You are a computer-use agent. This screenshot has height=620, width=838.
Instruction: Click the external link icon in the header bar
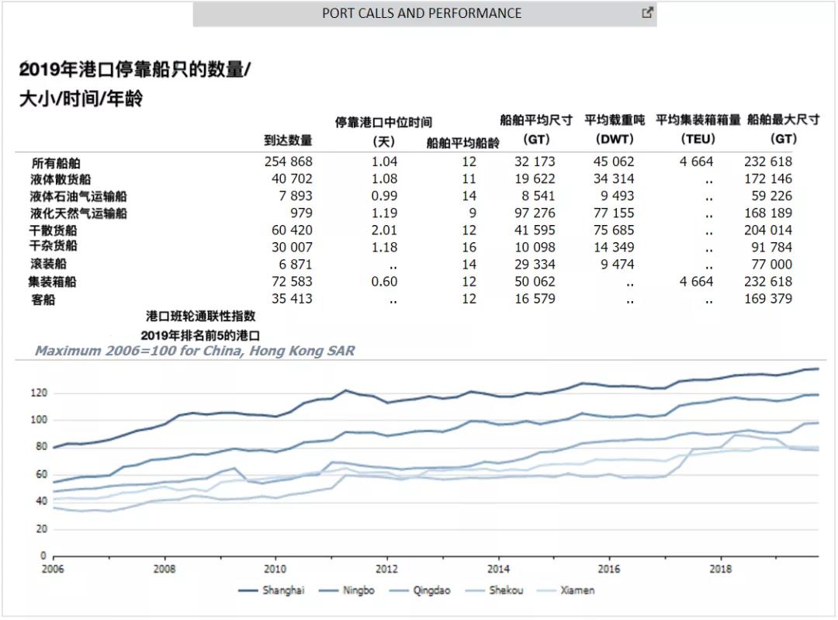point(647,12)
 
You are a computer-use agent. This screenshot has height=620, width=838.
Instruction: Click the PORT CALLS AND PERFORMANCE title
point(421,13)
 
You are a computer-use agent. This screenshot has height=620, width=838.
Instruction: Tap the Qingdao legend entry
point(430,591)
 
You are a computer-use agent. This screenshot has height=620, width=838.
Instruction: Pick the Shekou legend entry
point(506,591)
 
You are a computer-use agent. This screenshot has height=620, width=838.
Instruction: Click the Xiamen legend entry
point(577,591)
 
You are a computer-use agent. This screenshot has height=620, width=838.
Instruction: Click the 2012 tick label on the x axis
point(387,569)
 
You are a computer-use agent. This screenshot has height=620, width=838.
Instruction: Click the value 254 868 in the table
point(288,161)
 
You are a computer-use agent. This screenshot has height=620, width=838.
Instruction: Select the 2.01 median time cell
point(384,230)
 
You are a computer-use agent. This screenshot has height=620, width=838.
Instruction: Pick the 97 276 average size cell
point(535,213)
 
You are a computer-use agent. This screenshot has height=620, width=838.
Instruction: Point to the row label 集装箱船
point(53,282)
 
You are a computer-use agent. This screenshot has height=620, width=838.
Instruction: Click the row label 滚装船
point(48,264)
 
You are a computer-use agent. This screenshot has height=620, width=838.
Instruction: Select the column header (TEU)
point(698,139)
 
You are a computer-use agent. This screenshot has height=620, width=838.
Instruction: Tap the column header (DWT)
point(615,139)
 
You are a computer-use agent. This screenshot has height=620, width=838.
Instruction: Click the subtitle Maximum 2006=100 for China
point(195,351)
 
